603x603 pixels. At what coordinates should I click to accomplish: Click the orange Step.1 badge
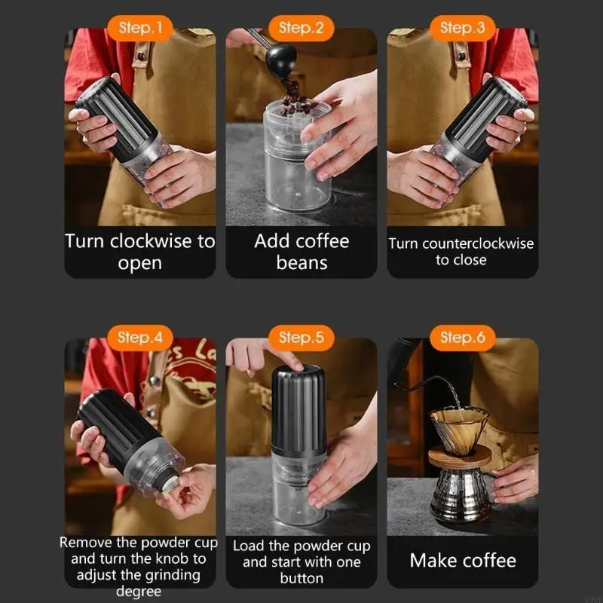tap(140, 29)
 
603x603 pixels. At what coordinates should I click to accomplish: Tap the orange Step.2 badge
tap(301, 29)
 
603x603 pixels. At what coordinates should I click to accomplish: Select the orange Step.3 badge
tap(463, 29)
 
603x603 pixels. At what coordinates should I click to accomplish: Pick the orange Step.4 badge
tap(140, 338)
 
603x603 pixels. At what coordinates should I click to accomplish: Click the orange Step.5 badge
tap(301, 338)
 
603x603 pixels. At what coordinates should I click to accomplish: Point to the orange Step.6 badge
tap(463, 338)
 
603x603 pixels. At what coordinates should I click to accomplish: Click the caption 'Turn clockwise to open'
tap(140, 253)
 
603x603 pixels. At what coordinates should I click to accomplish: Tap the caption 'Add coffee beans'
tap(301, 253)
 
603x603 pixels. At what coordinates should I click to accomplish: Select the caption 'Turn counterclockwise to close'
tap(461, 252)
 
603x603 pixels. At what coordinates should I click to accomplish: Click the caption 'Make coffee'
tap(463, 561)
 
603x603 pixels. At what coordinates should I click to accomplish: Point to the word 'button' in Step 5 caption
tap(301, 579)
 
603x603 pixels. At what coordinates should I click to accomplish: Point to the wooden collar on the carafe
tap(461, 456)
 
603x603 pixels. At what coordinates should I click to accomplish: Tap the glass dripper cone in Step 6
tap(458, 427)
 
